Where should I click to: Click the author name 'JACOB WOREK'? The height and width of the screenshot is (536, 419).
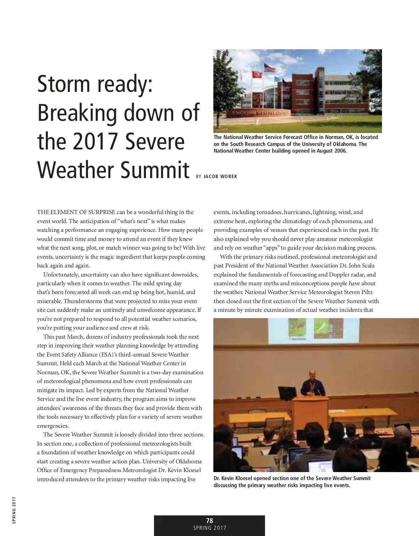tap(220, 177)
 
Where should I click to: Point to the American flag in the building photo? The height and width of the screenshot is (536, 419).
tap(269, 68)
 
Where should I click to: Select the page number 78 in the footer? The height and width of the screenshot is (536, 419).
tap(209, 521)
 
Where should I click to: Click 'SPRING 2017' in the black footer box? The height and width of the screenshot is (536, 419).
tap(209, 528)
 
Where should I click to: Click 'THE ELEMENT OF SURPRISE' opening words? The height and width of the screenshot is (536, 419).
tap(76, 212)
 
